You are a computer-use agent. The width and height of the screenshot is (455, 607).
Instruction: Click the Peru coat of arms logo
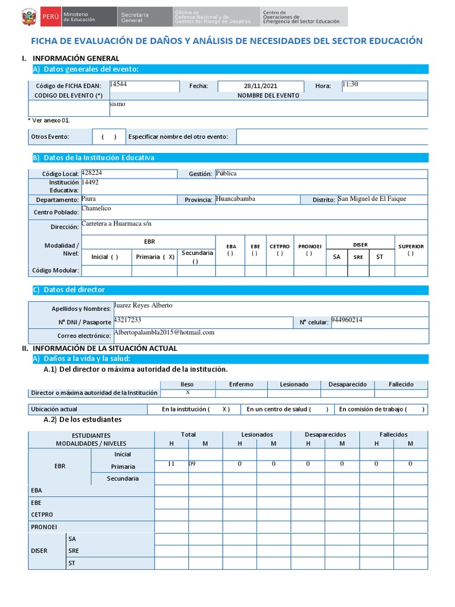click(x=28, y=17)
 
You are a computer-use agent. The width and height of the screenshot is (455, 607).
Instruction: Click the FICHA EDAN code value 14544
click(x=118, y=85)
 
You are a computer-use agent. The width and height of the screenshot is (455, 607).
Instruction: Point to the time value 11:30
click(x=350, y=85)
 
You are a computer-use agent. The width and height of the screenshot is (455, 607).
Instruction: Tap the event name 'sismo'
click(x=117, y=104)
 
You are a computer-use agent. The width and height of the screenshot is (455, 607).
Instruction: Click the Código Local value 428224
click(x=91, y=172)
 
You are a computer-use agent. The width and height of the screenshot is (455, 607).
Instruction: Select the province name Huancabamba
click(x=235, y=199)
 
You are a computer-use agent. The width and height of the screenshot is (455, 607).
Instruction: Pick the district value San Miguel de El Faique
click(x=372, y=199)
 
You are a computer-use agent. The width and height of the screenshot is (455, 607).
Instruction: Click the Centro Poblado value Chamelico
click(x=96, y=209)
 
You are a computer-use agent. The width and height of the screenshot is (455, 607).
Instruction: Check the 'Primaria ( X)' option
click(x=155, y=257)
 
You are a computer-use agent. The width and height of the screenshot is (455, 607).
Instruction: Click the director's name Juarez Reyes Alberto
click(x=143, y=306)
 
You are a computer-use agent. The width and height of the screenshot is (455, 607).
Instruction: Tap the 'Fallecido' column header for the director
click(x=401, y=384)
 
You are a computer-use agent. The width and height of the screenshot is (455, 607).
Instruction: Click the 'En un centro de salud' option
click(x=287, y=409)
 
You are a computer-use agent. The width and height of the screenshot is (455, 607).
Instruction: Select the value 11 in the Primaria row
click(x=171, y=464)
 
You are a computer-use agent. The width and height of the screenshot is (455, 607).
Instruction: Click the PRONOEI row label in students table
click(x=44, y=526)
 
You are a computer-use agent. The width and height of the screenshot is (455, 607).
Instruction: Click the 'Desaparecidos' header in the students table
click(x=325, y=435)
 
